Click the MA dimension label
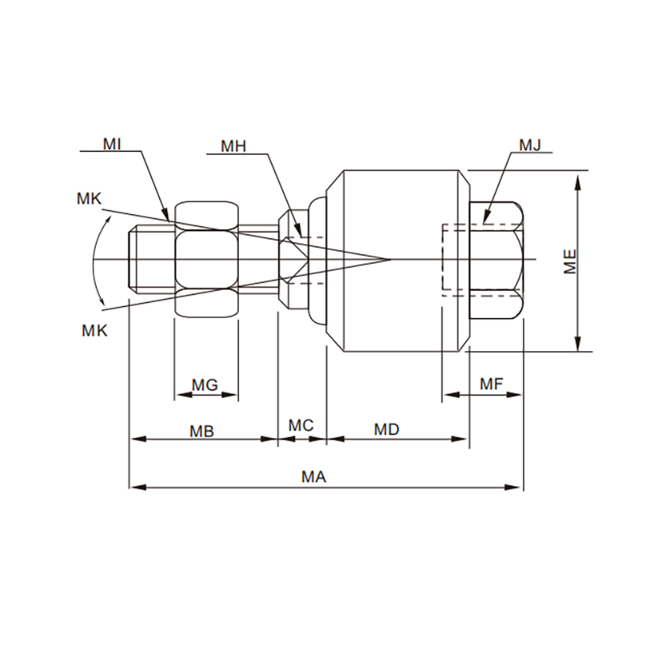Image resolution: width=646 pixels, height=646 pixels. [313, 477]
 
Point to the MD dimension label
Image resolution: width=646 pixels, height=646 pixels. [387, 430]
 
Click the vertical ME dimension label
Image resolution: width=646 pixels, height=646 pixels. [571, 262]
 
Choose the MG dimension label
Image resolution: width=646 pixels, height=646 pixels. [205, 385]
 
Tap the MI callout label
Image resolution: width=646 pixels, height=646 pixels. [112, 144]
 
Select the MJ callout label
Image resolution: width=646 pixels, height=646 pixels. [530, 145]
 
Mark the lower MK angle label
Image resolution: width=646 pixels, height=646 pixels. [94, 329]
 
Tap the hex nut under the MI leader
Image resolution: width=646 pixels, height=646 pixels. [206, 259]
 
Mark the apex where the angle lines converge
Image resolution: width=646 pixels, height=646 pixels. [389, 258]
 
